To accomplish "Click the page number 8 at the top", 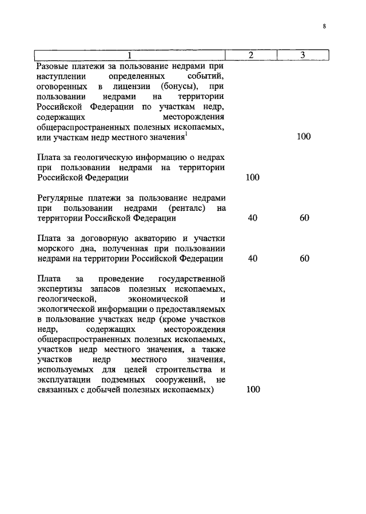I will pyautogui.click(x=324, y=26).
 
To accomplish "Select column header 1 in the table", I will pyautogui.click(x=130, y=55).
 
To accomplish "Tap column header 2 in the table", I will pyautogui.click(x=251, y=55).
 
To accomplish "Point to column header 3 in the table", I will pyautogui.click(x=303, y=55).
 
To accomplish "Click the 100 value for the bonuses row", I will pyautogui.click(x=304, y=137).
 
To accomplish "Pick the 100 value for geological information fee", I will pyautogui.click(x=252, y=178).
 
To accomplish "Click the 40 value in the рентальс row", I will pyautogui.click(x=253, y=218).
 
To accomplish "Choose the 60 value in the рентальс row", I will pyautogui.click(x=304, y=218).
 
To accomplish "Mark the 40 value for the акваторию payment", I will pyautogui.click(x=253, y=259).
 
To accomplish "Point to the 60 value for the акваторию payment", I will pyautogui.click(x=304, y=259).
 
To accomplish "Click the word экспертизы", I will pyautogui.click(x=59, y=289).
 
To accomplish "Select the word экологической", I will pyautogui.click(x=63, y=309).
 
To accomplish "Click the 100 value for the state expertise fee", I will pyautogui.click(x=252, y=390).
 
